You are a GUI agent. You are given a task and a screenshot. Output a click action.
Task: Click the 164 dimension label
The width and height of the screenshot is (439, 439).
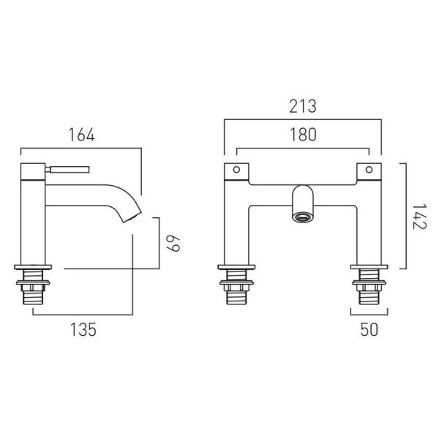82,135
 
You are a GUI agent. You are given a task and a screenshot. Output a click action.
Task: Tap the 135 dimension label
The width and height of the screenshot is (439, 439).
83,329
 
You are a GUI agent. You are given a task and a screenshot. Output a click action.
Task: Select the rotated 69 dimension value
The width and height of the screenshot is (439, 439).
173,244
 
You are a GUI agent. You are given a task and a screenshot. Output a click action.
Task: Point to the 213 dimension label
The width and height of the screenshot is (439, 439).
303,106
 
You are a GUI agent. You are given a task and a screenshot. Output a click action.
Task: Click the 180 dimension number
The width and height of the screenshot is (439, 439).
303,135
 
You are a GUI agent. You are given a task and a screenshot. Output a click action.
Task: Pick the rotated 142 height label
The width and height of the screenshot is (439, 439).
419,217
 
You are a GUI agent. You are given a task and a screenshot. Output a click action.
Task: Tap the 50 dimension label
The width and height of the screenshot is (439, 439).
369,329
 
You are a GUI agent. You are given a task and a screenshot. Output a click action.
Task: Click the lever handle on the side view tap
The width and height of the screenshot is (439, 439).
67,170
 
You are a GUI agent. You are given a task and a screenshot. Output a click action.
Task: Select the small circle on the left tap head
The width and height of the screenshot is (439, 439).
236,170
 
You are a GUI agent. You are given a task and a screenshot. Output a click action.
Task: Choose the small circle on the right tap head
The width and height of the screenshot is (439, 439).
369,170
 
